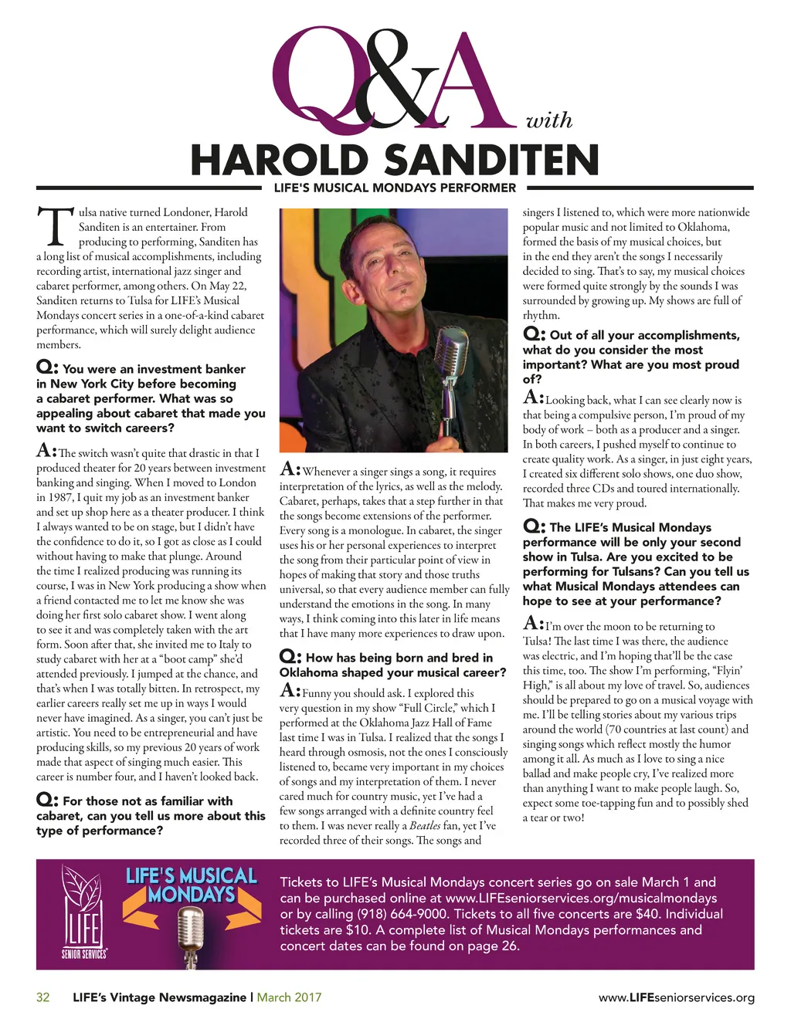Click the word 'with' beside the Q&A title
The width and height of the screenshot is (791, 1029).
pos(548,120)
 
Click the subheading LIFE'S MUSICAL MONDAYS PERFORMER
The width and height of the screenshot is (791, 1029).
pos(395,188)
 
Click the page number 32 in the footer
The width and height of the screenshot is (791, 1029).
pos(43,997)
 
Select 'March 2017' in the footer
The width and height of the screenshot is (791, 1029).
pos(289,997)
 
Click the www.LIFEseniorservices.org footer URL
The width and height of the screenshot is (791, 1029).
pos(676,997)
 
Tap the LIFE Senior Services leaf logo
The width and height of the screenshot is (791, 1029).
pos(82,911)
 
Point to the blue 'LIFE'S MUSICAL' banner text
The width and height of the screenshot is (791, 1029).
pos(191,876)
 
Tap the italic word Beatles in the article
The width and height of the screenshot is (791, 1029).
pos(425,826)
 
